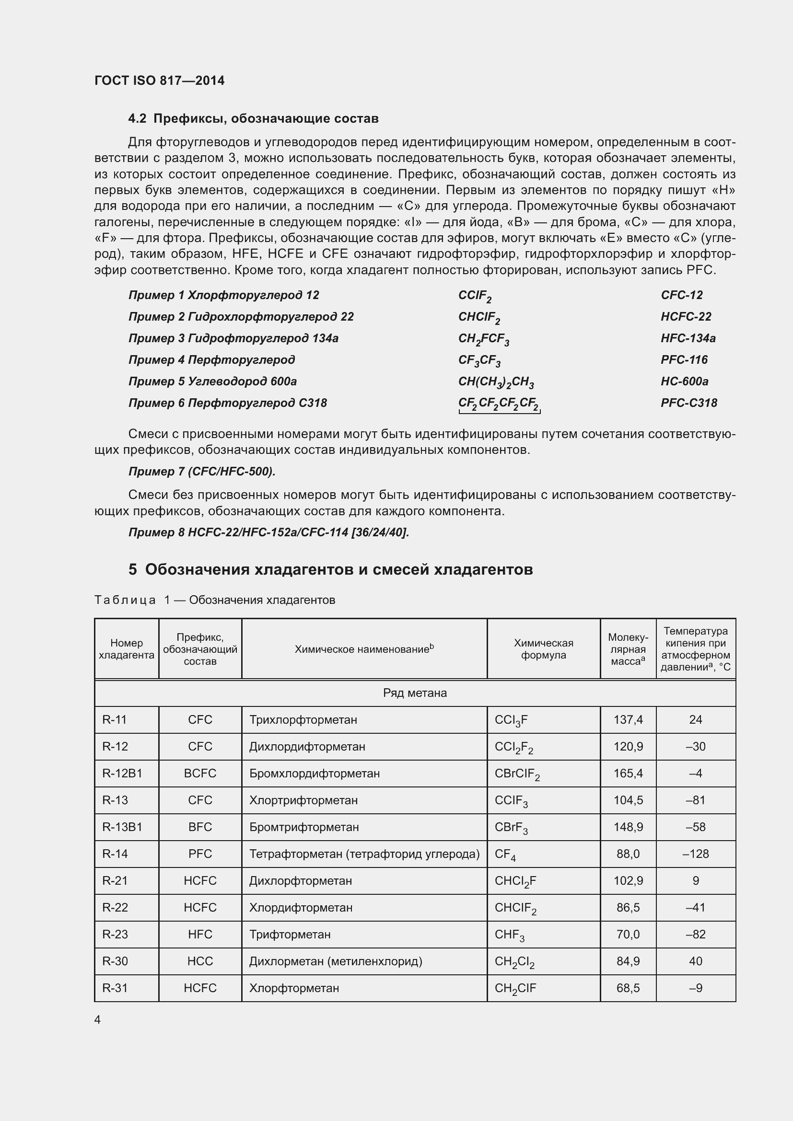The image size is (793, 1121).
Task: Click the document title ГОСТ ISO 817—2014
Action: (159, 81)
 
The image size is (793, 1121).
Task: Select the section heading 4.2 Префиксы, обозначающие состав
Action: (253, 119)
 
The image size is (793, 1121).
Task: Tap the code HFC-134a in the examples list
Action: (688, 338)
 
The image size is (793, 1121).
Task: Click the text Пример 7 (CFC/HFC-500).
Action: (202, 472)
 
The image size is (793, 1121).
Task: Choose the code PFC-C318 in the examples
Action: (688, 403)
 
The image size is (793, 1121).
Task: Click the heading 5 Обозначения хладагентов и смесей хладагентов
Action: (331, 569)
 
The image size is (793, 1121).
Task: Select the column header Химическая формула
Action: (543, 649)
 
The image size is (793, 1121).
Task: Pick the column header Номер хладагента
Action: (127, 649)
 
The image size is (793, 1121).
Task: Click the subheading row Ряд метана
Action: (415, 693)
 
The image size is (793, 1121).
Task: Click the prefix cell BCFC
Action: (200, 774)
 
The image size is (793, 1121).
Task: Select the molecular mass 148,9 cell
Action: (628, 827)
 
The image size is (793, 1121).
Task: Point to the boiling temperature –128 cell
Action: (695, 854)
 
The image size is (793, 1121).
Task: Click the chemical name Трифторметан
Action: (290, 935)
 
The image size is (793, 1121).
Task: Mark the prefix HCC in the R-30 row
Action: (200, 961)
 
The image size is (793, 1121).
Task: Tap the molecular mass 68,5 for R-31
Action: (628, 988)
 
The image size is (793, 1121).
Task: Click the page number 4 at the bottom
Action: (97, 1020)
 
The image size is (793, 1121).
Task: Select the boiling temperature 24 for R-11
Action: (695, 720)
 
